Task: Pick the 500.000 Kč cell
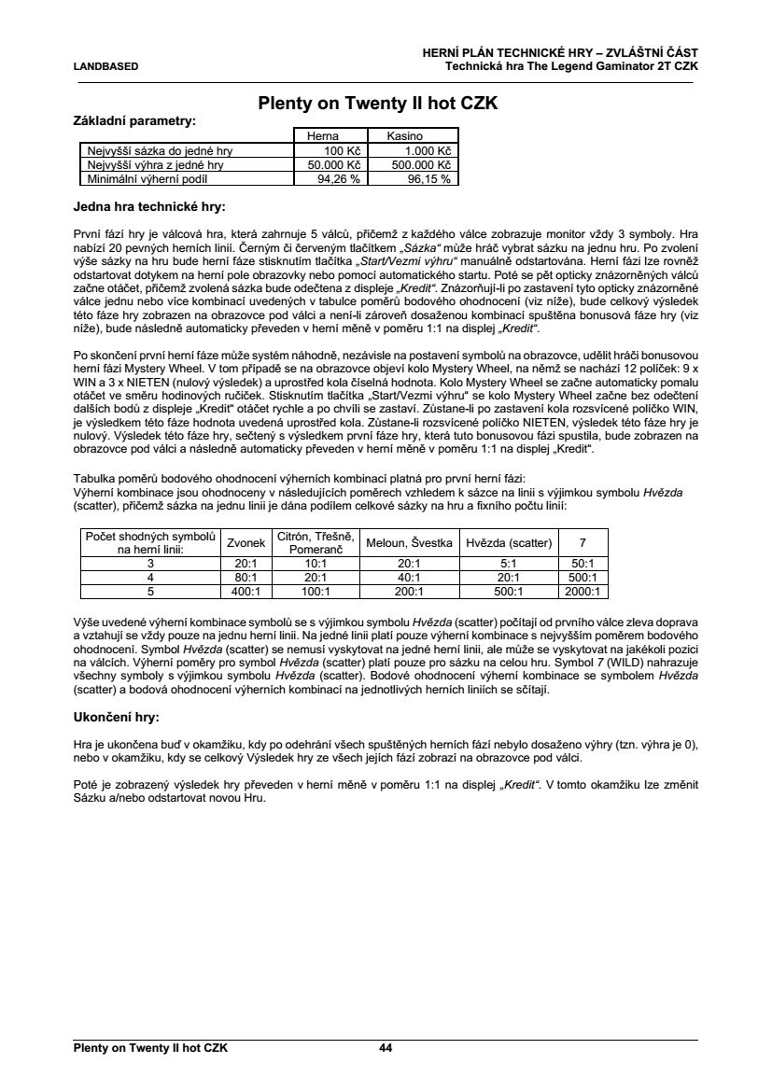point(416,164)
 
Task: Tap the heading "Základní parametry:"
point(133,121)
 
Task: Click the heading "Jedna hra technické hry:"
point(149,205)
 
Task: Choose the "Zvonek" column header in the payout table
point(246,542)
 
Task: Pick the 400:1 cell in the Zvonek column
point(246,591)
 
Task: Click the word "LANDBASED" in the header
point(105,66)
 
